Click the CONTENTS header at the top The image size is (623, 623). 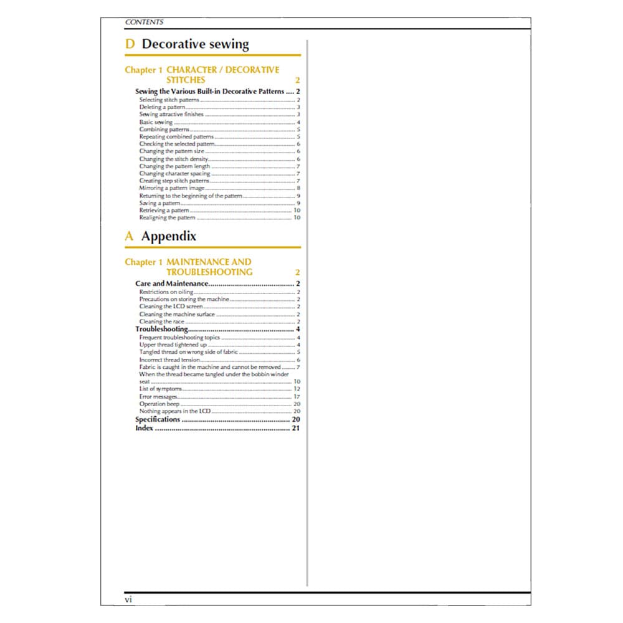[144, 22]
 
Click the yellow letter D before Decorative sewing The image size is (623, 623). [130, 44]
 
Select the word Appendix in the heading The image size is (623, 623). [168, 236]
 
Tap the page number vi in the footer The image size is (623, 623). [128, 599]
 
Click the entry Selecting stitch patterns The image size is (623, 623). [169, 100]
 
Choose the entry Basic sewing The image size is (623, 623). [156, 122]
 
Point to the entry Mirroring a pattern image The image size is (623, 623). [171, 188]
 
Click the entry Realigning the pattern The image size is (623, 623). [167, 217]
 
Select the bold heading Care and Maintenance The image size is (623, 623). [171, 284]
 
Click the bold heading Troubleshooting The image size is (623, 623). [161, 329]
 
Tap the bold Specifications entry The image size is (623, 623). [158, 419]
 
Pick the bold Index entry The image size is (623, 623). [145, 428]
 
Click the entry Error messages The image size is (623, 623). [158, 397]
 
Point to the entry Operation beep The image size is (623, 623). [159, 404]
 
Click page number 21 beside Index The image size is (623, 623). [296, 428]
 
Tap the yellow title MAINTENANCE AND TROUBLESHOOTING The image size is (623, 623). [209, 267]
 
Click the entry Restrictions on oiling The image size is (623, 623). [166, 292]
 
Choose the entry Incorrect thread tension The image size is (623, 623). [169, 359]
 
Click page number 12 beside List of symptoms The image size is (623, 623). [297, 389]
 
